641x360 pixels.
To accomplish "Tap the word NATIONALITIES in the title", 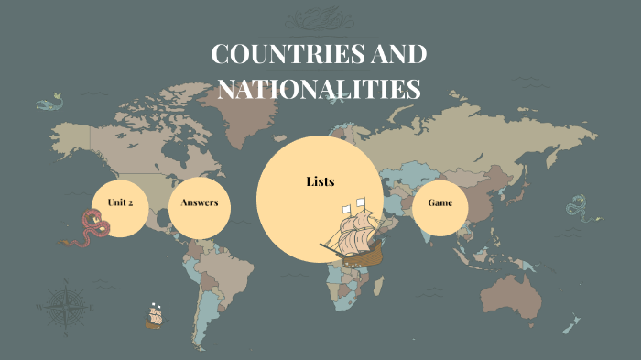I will pos(318,89).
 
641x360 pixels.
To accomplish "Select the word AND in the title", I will pos(397,55).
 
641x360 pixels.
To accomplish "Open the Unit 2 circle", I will pos(121,202).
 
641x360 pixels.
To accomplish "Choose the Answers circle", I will pos(199,202).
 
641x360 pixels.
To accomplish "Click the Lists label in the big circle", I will pos(320,181).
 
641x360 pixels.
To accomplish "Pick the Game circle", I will pos(440,202).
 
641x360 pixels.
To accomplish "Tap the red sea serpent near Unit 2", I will pos(92,227).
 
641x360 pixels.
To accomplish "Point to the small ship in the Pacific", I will pos(154,316).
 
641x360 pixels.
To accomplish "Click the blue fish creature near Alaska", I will pos(51,102).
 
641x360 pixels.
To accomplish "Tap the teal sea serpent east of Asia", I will pos(577,209).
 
